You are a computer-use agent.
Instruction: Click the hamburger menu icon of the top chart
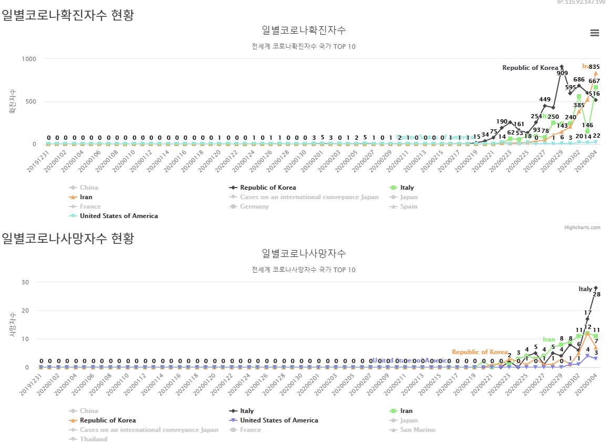pos(595,33)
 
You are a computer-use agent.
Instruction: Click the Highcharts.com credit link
pos(582,228)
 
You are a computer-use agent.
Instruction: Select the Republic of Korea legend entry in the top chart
pos(267,188)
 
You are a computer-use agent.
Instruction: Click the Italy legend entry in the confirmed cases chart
pos(407,188)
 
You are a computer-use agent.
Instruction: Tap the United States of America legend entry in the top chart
pos(118,216)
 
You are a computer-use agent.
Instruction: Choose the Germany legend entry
pos(254,206)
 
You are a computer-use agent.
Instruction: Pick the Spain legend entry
pos(409,206)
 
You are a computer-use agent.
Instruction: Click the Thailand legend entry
pos(93,439)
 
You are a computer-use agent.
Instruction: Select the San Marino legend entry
pos(417,430)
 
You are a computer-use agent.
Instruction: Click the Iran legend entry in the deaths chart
pos(406,411)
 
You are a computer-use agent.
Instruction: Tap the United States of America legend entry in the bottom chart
pos(278,420)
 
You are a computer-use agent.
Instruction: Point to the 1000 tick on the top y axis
pos(29,59)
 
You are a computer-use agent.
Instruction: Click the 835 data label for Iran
pos(594,67)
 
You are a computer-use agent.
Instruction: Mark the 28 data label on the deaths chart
pos(596,295)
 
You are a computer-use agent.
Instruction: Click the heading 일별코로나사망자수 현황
pos(68,239)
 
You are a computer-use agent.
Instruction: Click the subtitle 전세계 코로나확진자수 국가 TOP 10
pos(304,46)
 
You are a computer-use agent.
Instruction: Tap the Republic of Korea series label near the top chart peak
pos(530,68)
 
